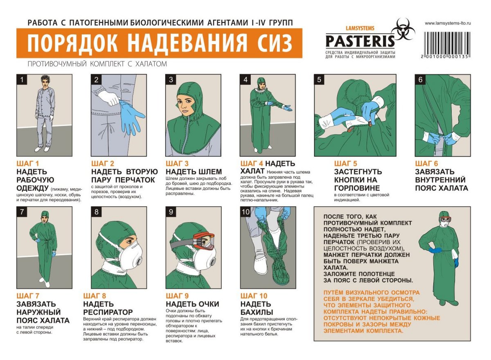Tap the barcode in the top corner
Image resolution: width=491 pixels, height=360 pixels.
point(447,45)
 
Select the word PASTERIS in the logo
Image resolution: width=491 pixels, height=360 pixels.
point(360,41)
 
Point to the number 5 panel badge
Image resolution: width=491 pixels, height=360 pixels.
point(319,79)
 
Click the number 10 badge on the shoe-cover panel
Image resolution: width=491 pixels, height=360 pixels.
point(246,211)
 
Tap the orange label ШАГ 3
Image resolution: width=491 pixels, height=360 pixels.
point(177,164)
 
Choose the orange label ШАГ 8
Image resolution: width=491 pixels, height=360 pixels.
point(95,296)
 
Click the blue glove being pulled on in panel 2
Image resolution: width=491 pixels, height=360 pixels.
point(132,116)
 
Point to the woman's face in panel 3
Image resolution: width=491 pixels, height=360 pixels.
point(187,105)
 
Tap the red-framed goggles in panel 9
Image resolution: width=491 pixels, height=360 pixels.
point(204,241)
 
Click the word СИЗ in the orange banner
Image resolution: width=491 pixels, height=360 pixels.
point(275,43)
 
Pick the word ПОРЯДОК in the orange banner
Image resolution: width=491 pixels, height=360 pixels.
point(73,43)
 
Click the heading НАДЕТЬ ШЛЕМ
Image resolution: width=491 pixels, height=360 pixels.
point(194,171)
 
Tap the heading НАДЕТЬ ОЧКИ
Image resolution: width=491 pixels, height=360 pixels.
point(192,304)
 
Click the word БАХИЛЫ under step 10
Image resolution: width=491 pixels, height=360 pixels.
point(257,312)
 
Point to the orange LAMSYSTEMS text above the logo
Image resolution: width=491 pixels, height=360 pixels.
point(360,28)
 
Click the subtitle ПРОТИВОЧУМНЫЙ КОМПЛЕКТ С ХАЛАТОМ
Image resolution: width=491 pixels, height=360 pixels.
point(97,64)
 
